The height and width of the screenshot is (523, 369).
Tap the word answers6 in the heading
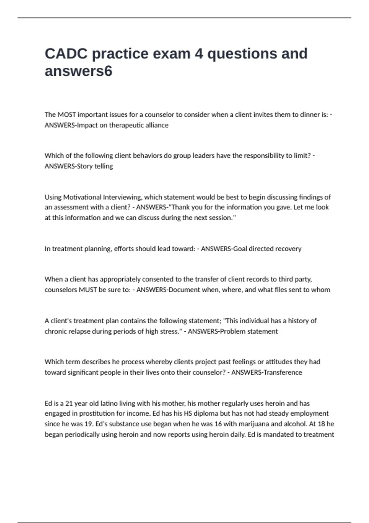click(78, 71)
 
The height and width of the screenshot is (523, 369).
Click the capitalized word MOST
click(67, 115)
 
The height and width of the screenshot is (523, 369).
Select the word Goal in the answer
click(240, 249)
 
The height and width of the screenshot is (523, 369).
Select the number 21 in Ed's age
click(69, 403)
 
